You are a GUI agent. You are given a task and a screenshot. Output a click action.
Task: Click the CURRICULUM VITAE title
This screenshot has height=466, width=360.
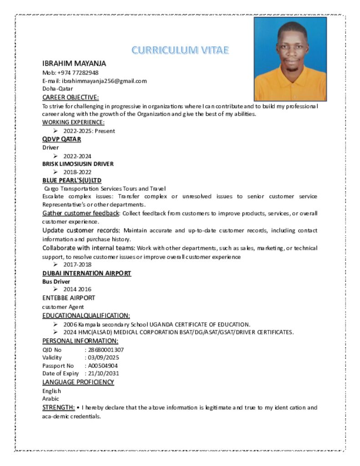click(180, 50)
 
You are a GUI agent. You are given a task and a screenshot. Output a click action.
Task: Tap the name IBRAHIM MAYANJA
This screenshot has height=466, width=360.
click(74, 63)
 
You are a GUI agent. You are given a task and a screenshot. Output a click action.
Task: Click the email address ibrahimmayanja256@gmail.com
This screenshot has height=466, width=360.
click(104, 81)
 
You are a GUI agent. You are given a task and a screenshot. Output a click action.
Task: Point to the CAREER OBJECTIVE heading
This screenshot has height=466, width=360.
click(71, 97)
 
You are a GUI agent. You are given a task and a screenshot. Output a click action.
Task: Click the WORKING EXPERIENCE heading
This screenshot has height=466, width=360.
click(73, 122)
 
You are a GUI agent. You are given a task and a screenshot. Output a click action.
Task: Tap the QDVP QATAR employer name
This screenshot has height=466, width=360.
click(61, 139)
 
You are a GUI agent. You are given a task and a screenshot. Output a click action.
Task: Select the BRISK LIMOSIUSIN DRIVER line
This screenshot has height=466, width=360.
click(78, 164)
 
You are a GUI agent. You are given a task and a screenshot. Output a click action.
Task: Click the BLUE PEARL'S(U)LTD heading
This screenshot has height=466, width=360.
click(72, 180)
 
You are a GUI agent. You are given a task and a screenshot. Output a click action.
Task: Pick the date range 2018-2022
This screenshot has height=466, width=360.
click(77, 172)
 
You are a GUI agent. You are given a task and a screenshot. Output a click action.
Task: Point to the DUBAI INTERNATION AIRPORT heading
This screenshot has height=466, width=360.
click(87, 273)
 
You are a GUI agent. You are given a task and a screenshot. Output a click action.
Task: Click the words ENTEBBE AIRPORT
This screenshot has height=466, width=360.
click(69, 298)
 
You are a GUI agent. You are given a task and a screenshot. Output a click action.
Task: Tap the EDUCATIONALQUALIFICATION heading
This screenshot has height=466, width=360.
click(86, 315)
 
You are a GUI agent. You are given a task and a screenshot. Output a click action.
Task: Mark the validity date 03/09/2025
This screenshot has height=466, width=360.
click(104, 357)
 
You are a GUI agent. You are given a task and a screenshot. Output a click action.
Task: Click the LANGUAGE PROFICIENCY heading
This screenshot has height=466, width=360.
click(78, 382)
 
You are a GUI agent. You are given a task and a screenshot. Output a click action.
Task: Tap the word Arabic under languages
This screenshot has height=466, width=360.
click(51, 399)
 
